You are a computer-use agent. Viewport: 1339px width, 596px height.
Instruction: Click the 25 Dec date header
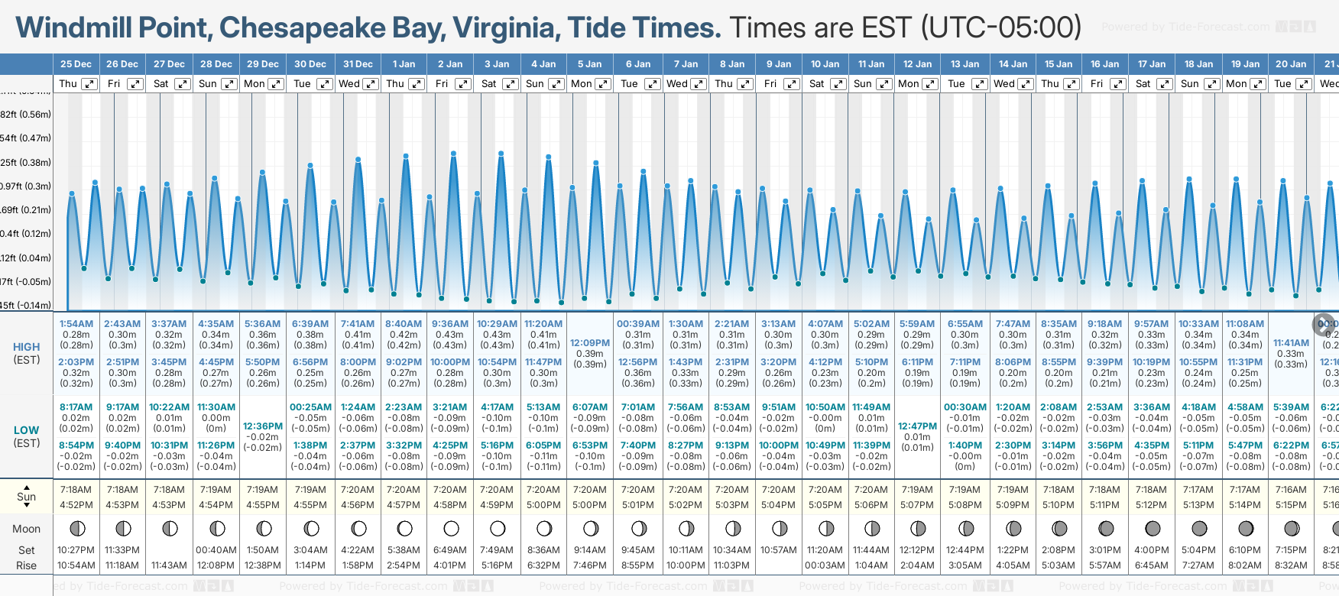pyautogui.click(x=76, y=64)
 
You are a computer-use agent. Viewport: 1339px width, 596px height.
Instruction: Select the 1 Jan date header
pyautogui.click(x=404, y=64)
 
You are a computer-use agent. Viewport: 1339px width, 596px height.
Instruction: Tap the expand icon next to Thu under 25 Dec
pyautogui.click(x=89, y=84)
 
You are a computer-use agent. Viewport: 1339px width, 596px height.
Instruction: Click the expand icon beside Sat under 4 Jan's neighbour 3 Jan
pyautogui.click(x=510, y=84)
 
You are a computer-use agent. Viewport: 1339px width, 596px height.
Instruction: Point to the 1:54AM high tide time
pyautogui.click(x=76, y=324)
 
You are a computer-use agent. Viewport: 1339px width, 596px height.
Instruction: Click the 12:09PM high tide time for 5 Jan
pyautogui.click(x=590, y=343)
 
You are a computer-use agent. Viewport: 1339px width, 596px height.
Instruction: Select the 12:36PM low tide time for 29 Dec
pyautogui.click(x=263, y=426)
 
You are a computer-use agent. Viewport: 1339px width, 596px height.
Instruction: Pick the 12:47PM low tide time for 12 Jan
pyautogui.click(x=917, y=426)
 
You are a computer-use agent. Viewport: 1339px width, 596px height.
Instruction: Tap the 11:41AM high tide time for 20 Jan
pyautogui.click(x=1291, y=343)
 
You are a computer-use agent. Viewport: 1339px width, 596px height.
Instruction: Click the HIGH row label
pyautogui.click(x=26, y=347)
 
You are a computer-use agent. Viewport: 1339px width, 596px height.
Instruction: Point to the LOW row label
pyautogui.click(x=26, y=430)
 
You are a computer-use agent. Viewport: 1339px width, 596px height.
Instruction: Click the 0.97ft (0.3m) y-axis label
pyautogui.click(x=26, y=186)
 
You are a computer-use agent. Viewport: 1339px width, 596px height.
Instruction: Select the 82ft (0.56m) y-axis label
pyautogui.click(x=26, y=115)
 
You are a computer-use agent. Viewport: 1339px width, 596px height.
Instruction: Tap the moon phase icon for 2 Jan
pyautogui.click(x=451, y=529)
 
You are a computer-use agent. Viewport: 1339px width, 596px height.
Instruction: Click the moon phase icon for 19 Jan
pyautogui.click(x=1246, y=529)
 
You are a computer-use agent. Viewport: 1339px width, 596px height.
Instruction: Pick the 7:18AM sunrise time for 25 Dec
pyautogui.click(x=76, y=490)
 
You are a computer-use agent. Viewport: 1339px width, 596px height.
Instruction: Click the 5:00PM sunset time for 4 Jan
pyautogui.click(x=543, y=505)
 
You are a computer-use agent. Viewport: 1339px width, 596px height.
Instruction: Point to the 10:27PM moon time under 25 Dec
pyautogui.click(x=76, y=550)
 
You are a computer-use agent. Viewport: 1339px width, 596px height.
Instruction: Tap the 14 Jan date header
pyautogui.click(x=1012, y=64)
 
